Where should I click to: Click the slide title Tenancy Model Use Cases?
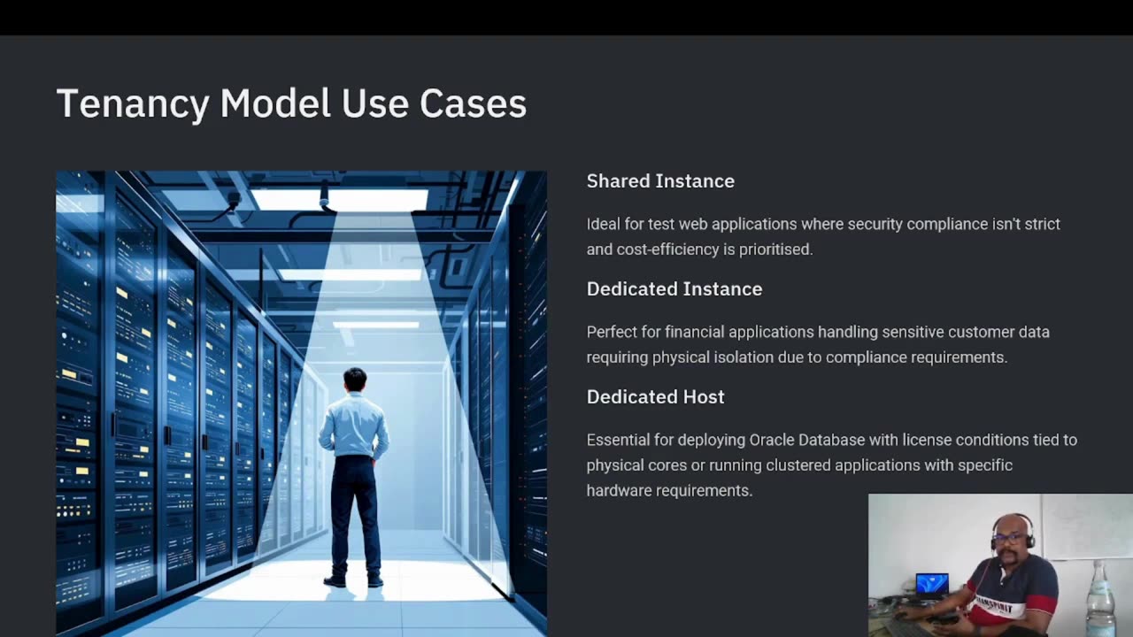tap(291, 104)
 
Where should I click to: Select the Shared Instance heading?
tap(660, 180)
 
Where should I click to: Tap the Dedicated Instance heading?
tap(674, 288)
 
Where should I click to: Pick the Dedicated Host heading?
tap(655, 396)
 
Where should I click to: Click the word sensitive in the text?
tap(911, 332)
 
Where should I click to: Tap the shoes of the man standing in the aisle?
tap(354, 581)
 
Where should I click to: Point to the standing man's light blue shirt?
tap(354, 425)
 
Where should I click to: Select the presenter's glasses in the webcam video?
tap(1008, 538)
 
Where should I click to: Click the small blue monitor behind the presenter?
tap(931, 584)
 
